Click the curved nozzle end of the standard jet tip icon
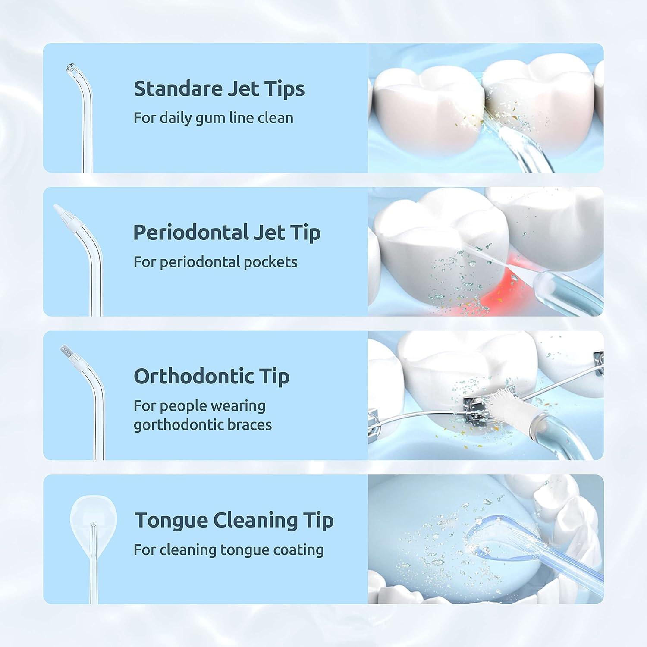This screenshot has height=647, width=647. coord(69,68)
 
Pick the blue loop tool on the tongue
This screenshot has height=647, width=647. coord(483,539)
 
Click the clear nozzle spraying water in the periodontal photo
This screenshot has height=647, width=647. coord(561,287)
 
